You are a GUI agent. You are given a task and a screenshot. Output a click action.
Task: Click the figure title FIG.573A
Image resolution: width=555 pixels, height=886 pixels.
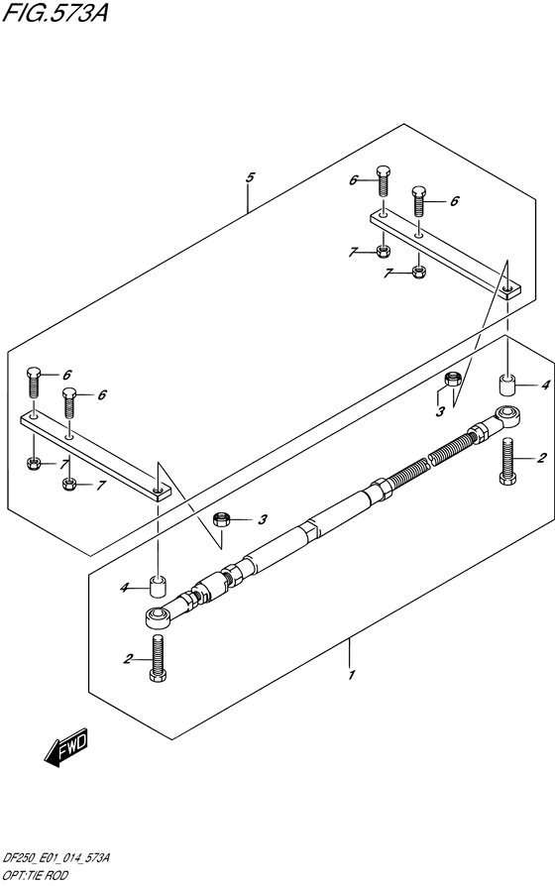coord(55,12)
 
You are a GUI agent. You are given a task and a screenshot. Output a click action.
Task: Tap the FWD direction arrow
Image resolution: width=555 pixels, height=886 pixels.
coord(65,746)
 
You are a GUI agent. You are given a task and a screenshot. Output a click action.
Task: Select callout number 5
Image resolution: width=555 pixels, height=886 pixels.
coord(250,177)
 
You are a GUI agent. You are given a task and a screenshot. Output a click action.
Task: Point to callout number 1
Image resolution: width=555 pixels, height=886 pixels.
coord(352,675)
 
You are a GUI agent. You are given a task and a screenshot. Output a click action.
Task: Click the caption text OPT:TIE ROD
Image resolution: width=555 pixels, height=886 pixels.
coord(36,875)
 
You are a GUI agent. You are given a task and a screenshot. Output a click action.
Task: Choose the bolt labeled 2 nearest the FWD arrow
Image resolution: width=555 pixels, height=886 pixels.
coord(158,658)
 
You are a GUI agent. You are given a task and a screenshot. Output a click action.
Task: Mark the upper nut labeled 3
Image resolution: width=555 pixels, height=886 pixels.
coord(453,379)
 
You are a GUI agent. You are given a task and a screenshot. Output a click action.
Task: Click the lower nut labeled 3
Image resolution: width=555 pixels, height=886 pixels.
coord(221,519)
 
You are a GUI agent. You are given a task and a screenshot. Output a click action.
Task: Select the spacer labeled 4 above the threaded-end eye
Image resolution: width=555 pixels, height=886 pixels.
coord(507,385)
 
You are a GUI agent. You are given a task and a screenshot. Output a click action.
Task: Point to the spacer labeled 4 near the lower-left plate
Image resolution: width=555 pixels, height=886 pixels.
coord(158,586)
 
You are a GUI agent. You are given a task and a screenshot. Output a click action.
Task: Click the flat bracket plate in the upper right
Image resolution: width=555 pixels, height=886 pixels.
coord(445,253)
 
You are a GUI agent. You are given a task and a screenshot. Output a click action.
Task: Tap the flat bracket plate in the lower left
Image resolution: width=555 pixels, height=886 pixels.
coord(96,456)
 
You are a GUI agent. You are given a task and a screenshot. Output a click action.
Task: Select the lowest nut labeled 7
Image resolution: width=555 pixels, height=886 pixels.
coord(69,485)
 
